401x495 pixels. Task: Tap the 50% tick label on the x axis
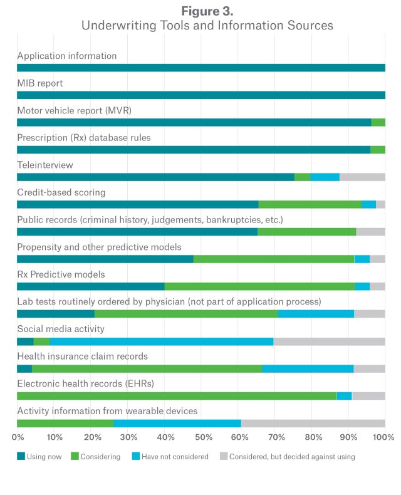coord(201,437)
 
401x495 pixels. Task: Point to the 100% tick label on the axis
coord(383,437)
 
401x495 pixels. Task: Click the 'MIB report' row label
coord(40,83)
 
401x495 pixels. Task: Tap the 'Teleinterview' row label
coord(45,165)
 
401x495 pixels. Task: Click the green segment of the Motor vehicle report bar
coord(378,122)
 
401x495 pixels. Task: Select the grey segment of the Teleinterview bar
coord(362,177)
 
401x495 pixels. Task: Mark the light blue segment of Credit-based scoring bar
coord(369,204)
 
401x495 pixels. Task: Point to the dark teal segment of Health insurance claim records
coord(24,368)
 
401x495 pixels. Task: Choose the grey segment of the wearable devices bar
coord(313,424)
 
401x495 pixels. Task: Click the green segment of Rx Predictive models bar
coord(260,286)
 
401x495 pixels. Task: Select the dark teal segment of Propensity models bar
coord(105,259)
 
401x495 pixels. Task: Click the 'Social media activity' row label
coord(61,329)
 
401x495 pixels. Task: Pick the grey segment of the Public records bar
coord(371,232)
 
